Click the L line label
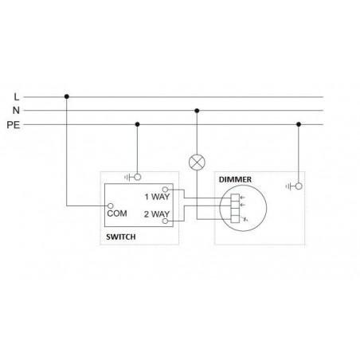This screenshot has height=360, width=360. point(17,97)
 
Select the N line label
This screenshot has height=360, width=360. point(16,110)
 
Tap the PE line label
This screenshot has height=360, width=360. point(14,125)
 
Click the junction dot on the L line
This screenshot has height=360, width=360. point(67,96)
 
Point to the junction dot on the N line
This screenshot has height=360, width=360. point(197,111)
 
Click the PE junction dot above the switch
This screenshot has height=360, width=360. point(137,124)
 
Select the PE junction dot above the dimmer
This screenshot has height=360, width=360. point(299,124)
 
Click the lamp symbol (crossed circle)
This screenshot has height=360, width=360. point(197,162)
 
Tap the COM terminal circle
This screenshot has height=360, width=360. point(111,205)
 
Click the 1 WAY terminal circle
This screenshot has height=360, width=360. point(165,190)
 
